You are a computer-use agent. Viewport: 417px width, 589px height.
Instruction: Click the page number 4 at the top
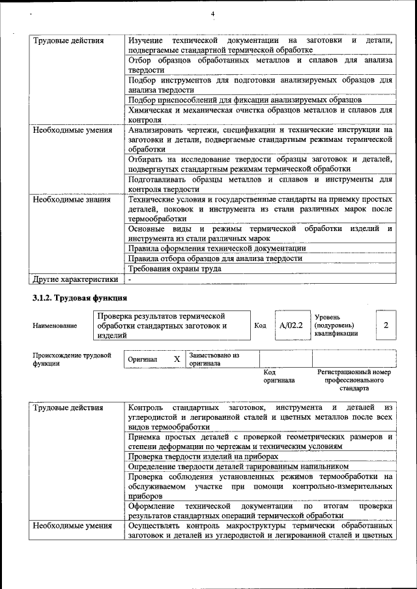[x=212, y=14]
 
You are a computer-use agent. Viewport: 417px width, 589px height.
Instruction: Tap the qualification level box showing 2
[x=386, y=324]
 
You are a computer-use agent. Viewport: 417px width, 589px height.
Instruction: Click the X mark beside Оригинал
[x=177, y=359]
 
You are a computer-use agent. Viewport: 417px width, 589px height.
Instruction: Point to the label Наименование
[x=52, y=325]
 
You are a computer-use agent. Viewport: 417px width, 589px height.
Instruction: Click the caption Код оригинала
[x=279, y=376]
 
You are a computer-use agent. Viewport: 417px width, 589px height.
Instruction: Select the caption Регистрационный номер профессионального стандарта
[x=354, y=380]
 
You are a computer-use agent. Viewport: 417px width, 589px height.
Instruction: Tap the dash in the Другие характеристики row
[x=130, y=279]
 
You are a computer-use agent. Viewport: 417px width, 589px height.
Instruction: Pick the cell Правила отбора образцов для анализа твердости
[x=215, y=258]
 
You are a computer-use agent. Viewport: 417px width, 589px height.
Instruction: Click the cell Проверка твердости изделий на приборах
[x=203, y=457]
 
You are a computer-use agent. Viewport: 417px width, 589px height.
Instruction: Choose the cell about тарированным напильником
[x=238, y=467]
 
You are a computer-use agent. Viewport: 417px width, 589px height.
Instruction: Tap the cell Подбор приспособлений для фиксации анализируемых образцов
[x=244, y=100]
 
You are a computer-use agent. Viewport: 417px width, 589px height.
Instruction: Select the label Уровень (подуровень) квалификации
[x=336, y=325]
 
